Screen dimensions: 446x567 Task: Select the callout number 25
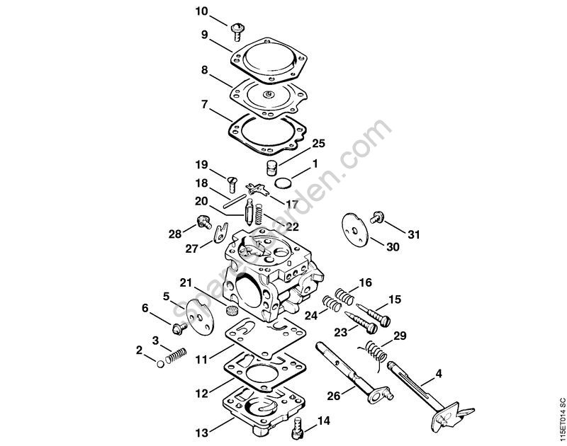tap(318, 144)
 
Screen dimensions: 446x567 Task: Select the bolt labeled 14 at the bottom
tap(298, 427)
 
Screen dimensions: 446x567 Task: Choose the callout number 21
tap(186, 283)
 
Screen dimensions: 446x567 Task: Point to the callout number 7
tap(204, 104)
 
